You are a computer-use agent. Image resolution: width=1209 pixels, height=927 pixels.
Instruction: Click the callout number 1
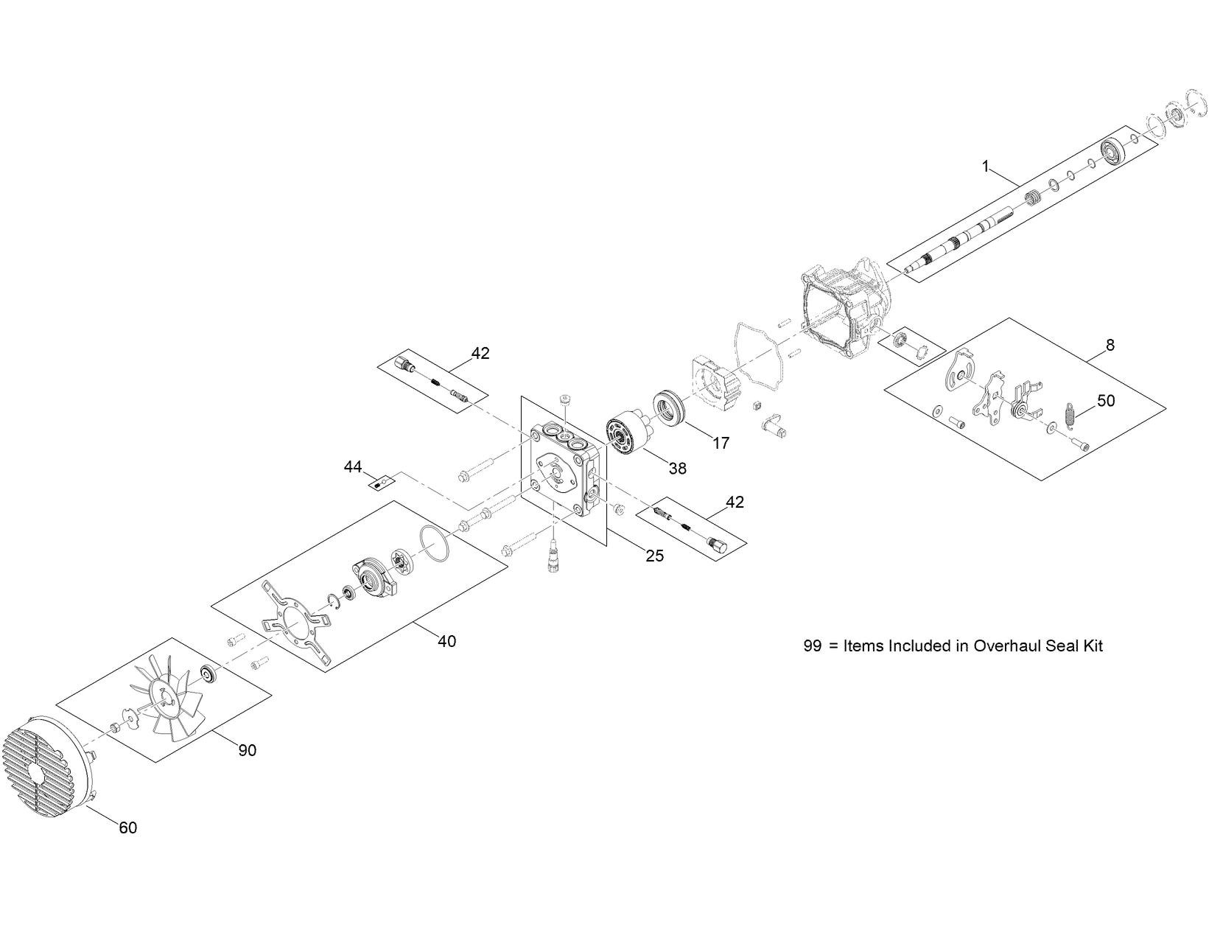(x=985, y=167)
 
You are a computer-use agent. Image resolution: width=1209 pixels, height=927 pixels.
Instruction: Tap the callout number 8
(x=1110, y=345)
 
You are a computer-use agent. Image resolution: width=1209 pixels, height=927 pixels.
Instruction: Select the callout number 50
(x=1106, y=401)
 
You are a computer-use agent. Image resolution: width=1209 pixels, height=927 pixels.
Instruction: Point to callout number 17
(x=721, y=443)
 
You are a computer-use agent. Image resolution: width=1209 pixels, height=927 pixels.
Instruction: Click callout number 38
(x=678, y=467)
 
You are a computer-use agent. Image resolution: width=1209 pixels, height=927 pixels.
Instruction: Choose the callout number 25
(x=654, y=556)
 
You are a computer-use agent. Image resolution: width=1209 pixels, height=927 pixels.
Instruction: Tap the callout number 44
(x=353, y=466)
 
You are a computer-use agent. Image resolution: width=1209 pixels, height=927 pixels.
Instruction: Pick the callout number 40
(x=446, y=641)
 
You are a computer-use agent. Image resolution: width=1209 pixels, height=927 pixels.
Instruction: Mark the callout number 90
(x=248, y=750)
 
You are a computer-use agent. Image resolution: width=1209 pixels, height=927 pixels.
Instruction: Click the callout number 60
(x=128, y=828)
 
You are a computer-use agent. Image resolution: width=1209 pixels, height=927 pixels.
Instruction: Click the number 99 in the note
(x=812, y=646)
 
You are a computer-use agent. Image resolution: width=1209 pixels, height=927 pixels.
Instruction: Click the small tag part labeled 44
(x=381, y=483)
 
